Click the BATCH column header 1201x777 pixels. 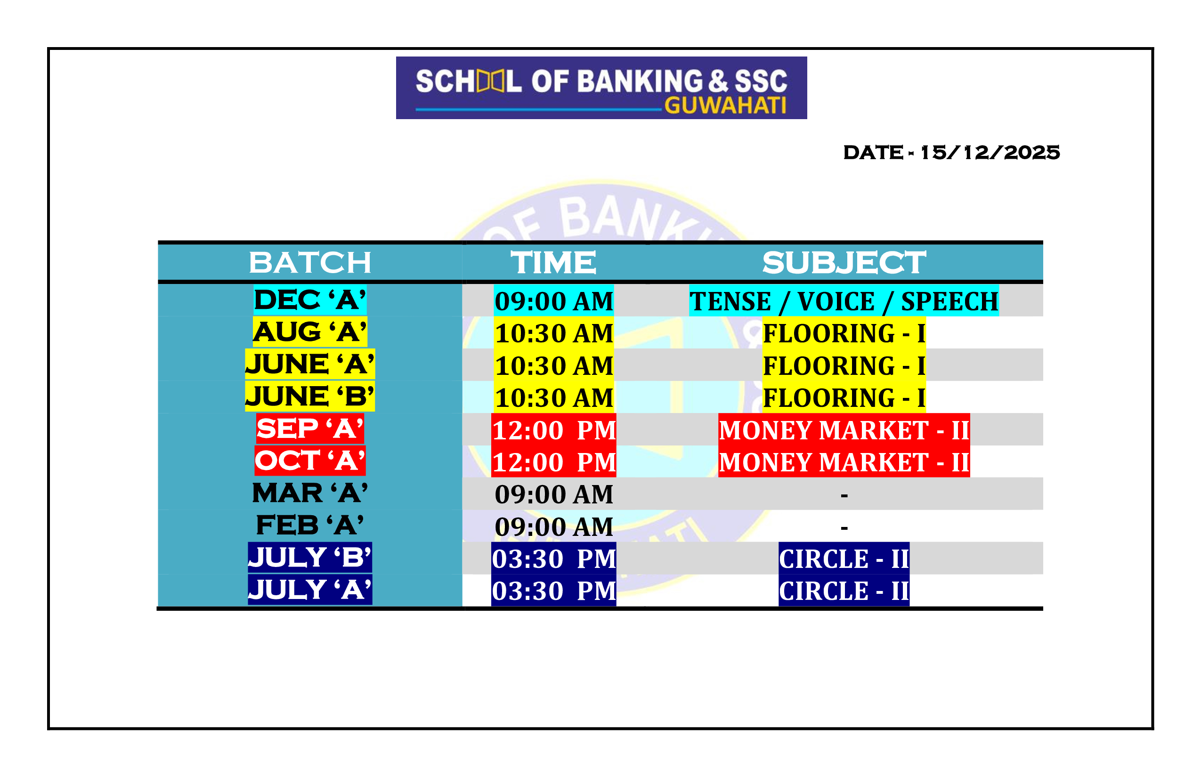point(310,263)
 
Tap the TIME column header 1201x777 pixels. point(553,263)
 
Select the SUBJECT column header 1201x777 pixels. point(844,263)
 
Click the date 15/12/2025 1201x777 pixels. point(990,153)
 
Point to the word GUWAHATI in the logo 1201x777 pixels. point(725,105)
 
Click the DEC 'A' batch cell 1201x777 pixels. point(310,300)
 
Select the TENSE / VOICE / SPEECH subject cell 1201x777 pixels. point(844,301)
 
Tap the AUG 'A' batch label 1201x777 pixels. point(310,332)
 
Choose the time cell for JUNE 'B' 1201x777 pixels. point(553,397)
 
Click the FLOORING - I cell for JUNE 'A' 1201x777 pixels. point(844,365)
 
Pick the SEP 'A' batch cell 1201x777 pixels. point(310,429)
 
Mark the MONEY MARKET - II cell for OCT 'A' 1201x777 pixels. point(844,462)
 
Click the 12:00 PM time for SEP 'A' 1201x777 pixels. point(553,430)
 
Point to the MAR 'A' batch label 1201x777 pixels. point(310,494)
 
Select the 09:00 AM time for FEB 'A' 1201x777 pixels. point(553,526)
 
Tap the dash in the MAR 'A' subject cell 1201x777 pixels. point(844,496)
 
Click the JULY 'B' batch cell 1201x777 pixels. point(310,558)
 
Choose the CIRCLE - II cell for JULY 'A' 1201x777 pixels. point(844,591)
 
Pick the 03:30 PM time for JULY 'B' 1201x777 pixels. point(553,558)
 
